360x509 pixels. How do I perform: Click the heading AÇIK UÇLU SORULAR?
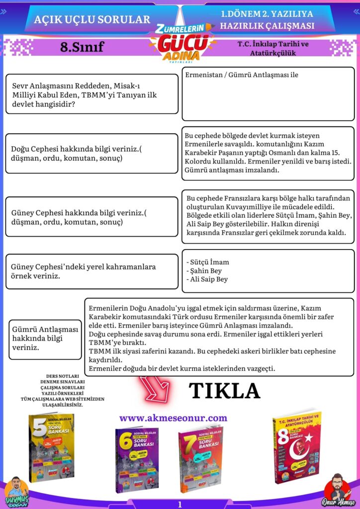(x=92, y=19)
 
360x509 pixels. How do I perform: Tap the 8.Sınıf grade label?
(x=82, y=47)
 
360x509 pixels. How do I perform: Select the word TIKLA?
(x=225, y=391)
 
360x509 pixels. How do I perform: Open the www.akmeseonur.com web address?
(x=173, y=418)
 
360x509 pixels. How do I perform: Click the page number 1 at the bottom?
(x=180, y=504)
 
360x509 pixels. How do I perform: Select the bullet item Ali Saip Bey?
(x=208, y=279)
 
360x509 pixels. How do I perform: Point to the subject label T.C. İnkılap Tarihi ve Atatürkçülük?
(x=273, y=48)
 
